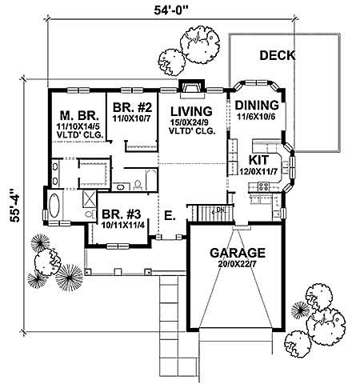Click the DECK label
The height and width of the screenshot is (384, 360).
(277, 56)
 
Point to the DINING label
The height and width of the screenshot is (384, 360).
(257, 106)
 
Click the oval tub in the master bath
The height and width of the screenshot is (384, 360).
(56, 207)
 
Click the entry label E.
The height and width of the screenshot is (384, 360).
(169, 214)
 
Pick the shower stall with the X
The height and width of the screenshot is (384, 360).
(87, 200)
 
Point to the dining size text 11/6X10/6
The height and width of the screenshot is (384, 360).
(257, 117)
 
